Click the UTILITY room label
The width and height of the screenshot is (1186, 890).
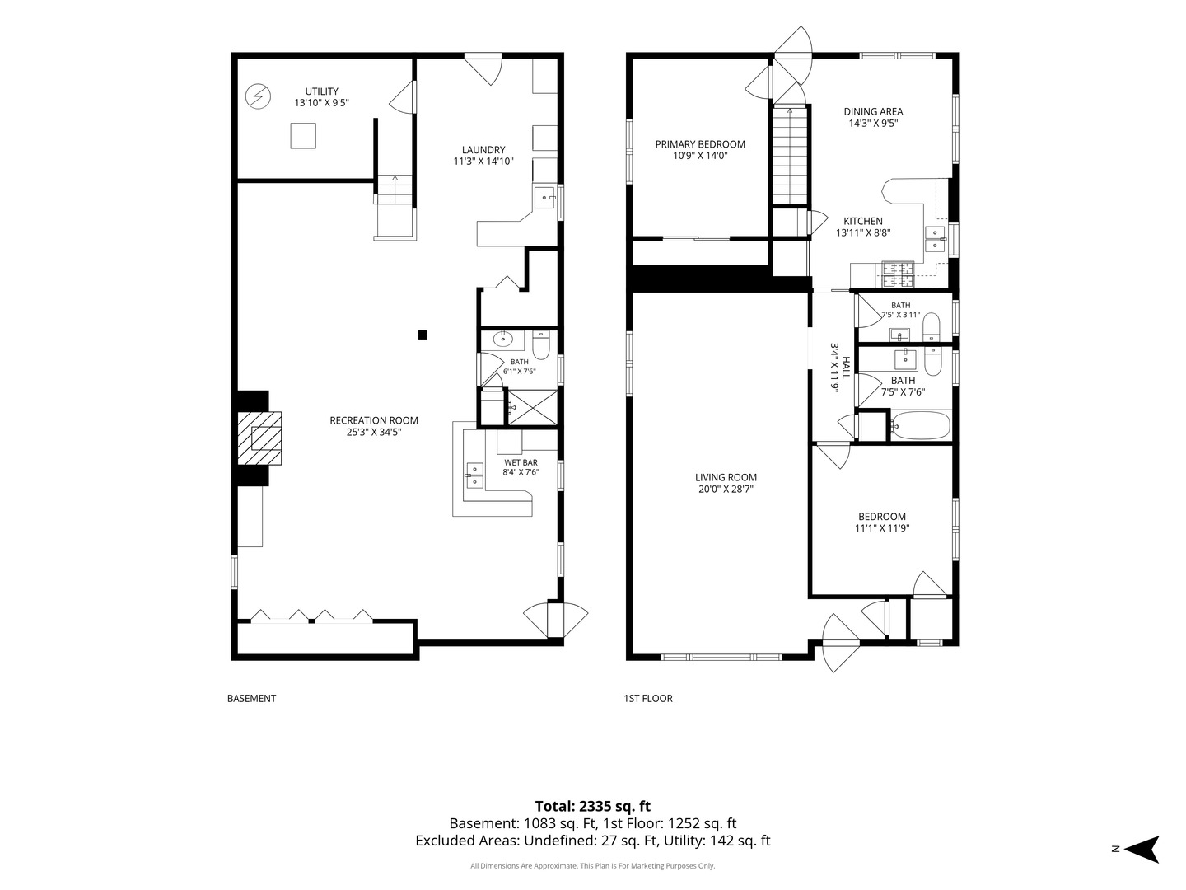coord(321,91)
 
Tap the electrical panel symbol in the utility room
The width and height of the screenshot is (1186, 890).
coord(258,96)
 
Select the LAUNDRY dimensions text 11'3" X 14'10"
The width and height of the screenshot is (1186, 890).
coord(483,161)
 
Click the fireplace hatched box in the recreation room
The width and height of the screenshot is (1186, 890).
coord(259,438)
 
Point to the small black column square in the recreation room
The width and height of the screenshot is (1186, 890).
coord(423,335)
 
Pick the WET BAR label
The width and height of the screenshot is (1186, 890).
coord(521,462)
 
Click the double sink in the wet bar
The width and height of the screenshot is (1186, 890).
coord(475,475)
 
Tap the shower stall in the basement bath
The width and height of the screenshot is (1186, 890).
coord(533,407)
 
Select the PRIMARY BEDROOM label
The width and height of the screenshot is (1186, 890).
coord(700,144)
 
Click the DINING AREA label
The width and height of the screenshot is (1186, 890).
coord(873,112)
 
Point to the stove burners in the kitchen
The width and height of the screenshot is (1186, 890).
coord(898,274)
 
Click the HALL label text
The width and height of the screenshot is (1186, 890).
coord(846,368)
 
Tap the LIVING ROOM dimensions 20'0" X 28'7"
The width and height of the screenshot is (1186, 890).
coord(725,489)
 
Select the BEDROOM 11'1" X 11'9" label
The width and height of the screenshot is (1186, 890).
coord(882,522)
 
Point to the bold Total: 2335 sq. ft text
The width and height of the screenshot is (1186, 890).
coord(593,806)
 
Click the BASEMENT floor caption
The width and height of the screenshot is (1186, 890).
coord(251,699)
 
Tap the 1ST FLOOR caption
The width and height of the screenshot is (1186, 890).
coord(648,699)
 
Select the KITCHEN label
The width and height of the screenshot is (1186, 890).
coord(863,221)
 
